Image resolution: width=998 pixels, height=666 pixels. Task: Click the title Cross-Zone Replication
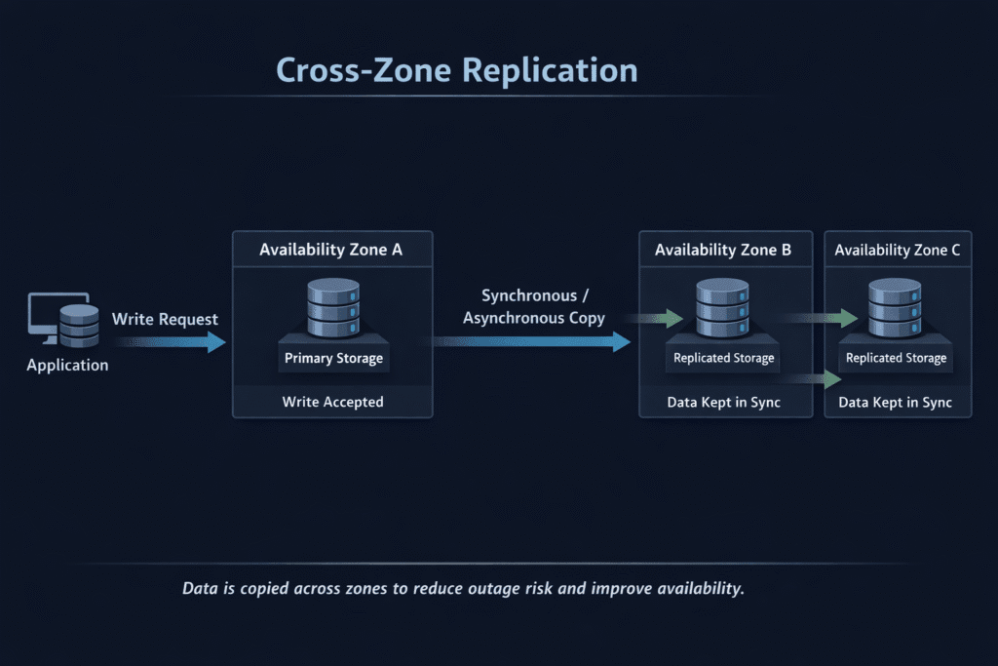click(456, 70)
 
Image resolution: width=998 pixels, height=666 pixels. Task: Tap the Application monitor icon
click(57, 316)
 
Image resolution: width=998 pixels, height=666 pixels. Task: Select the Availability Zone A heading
click(331, 251)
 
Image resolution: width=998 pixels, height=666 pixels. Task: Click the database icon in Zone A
click(332, 307)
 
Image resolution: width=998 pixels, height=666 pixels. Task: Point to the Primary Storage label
click(333, 358)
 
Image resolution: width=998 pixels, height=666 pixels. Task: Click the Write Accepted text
click(332, 402)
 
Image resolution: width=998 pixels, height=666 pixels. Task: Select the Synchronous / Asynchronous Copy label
click(534, 306)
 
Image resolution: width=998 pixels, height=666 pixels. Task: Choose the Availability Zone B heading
click(723, 251)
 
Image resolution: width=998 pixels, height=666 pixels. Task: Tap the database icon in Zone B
click(723, 307)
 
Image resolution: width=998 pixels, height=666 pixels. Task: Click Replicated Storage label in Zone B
click(724, 358)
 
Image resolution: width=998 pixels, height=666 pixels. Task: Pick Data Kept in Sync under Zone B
click(724, 402)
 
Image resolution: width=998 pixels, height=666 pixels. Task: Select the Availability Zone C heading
click(898, 251)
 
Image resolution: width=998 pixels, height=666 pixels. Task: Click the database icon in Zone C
click(895, 307)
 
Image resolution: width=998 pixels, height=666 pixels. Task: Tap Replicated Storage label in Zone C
click(897, 358)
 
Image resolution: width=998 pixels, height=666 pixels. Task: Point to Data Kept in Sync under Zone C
click(897, 402)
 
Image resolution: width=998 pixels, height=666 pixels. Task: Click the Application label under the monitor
click(67, 366)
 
